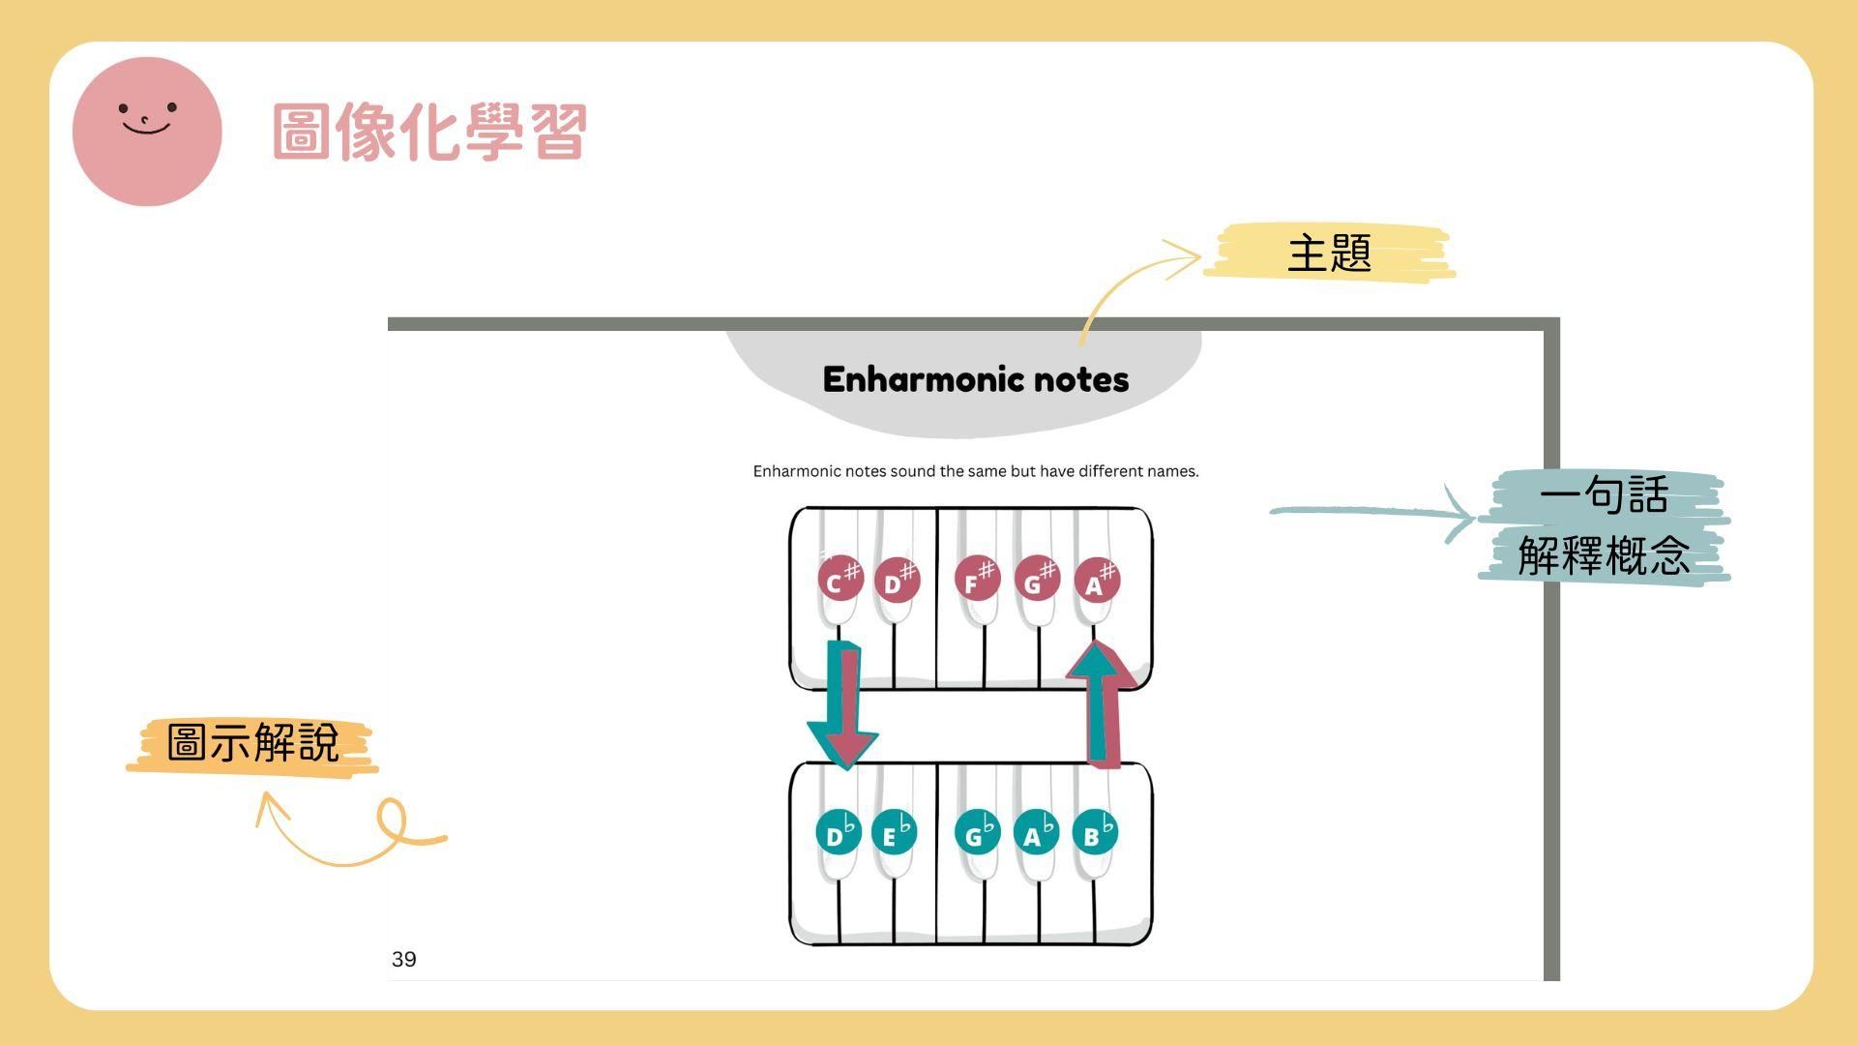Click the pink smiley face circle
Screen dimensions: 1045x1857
(x=147, y=131)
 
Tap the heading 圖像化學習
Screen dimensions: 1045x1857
(x=429, y=132)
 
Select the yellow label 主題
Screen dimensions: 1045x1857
(x=1329, y=253)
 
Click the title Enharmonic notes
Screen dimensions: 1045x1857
(x=975, y=379)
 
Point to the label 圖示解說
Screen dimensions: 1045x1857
(x=252, y=744)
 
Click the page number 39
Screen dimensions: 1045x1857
(x=404, y=959)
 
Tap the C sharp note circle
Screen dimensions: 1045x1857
(x=839, y=581)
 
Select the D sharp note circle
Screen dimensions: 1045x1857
(x=897, y=581)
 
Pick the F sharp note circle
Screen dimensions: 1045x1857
(x=976, y=580)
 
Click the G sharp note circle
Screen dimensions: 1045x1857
(x=1036, y=580)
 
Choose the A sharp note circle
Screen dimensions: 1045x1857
(x=1097, y=581)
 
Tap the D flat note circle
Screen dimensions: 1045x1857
(x=838, y=833)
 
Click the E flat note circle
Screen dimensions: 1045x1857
(x=894, y=833)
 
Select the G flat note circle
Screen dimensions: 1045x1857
(x=977, y=833)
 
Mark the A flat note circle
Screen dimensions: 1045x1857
(x=1036, y=833)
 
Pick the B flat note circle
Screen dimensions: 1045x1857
(x=1095, y=833)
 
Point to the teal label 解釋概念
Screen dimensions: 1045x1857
(x=1604, y=555)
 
